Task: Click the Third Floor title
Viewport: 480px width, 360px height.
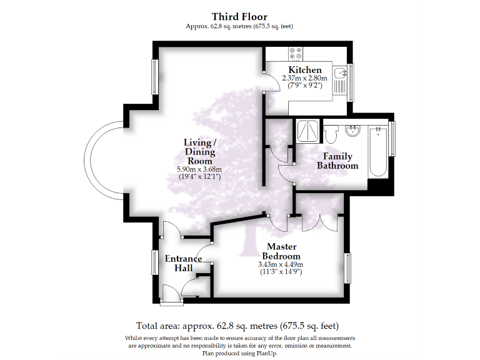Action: (239, 16)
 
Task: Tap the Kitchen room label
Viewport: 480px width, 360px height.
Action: (304, 69)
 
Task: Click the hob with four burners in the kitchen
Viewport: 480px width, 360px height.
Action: (295, 54)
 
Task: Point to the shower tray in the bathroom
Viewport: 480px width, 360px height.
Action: (307, 131)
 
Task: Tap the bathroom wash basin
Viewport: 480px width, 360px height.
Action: (352, 131)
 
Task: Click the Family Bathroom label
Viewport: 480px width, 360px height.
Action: (337, 161)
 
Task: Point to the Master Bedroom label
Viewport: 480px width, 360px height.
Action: (281, 251)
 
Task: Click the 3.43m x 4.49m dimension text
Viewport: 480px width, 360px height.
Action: (281, 264)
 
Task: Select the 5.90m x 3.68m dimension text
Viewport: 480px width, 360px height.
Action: (199, 169)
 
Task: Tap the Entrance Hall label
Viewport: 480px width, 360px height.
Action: (183, 263)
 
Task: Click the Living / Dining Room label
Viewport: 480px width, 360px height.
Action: (199, 152)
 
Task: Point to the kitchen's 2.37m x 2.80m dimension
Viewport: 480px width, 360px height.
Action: (304, 78)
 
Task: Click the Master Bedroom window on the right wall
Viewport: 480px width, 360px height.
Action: (349, 269)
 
